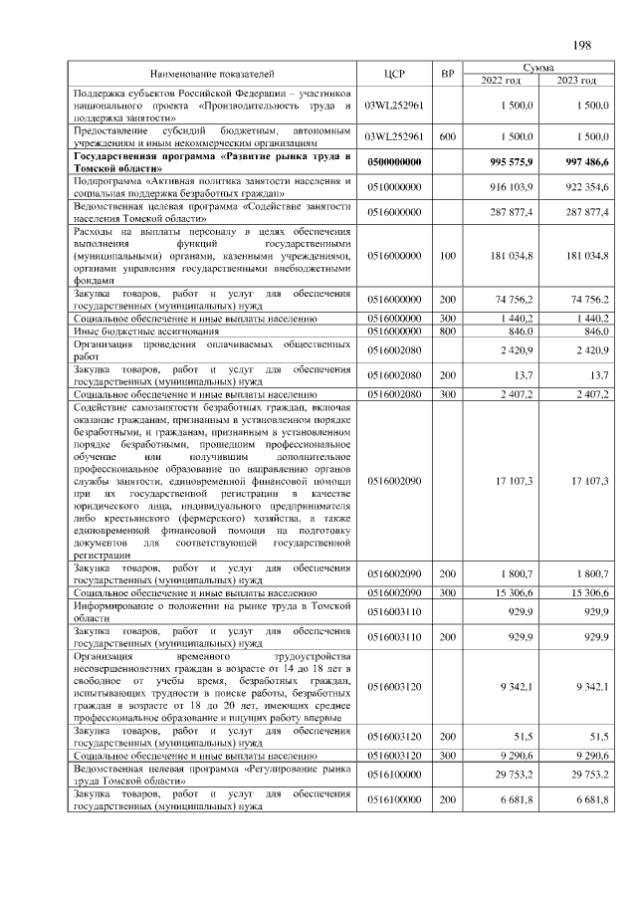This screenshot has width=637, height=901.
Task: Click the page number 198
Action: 582,45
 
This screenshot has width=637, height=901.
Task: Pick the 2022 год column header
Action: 500,81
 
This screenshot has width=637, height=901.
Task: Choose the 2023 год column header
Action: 576,81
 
